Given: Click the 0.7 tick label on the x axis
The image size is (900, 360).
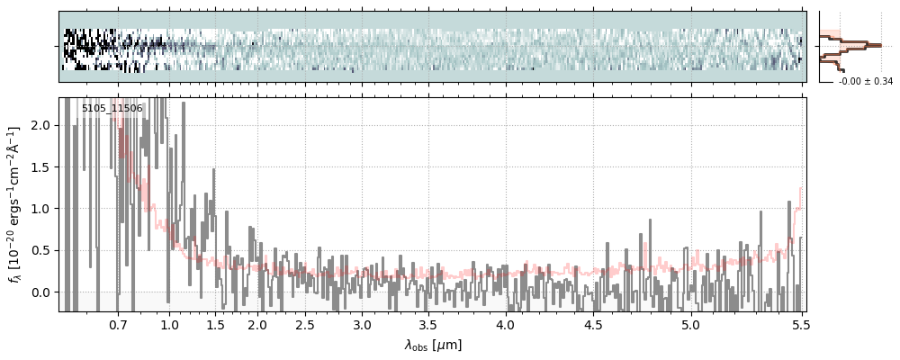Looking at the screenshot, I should coord(118,325).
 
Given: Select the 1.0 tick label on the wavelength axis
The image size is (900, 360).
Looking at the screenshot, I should coord(169,325).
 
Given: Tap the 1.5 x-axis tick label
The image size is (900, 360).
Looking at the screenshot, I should coord(216,325).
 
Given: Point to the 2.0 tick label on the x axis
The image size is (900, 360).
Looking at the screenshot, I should coord(257,325).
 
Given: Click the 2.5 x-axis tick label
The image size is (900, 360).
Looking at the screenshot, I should coord(305,325).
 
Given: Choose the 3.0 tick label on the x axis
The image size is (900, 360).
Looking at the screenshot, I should coord(362,325).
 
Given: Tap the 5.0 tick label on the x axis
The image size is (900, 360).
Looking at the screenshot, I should coord(690,325).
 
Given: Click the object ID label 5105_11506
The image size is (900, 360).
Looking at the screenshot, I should coord(112,109).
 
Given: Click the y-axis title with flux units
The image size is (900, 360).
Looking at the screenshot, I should coord(15,204).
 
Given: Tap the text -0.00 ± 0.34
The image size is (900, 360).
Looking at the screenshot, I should coord(865,82).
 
